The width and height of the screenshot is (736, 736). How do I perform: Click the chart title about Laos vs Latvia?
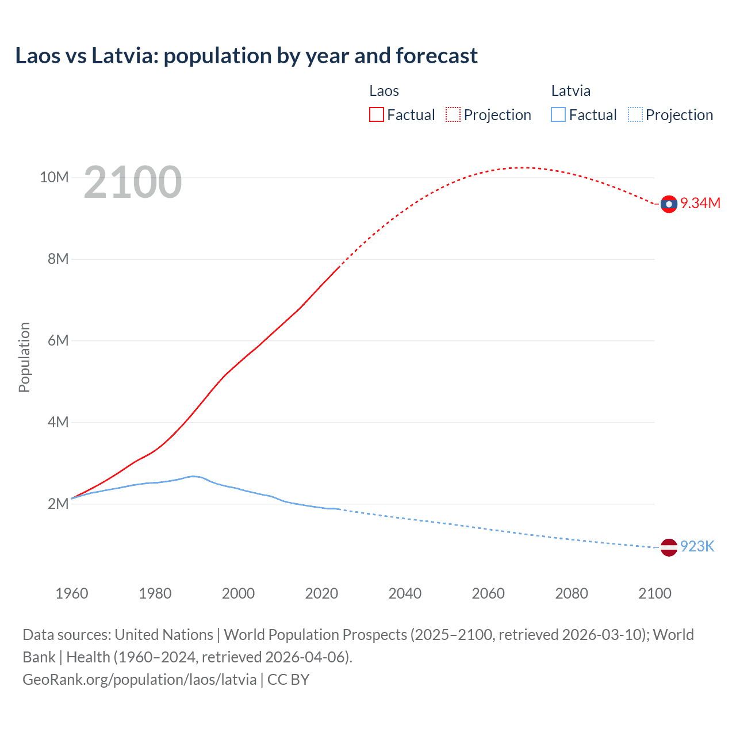pos(246,56)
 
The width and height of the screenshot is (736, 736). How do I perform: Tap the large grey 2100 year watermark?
pos(133,182)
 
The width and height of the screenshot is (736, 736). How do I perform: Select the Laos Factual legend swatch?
pos(376,115)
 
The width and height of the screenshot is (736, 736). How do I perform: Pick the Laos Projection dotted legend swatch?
pos(453,115)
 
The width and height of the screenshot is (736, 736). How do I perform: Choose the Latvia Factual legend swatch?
pos(558,115)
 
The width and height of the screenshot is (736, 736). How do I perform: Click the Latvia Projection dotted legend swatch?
pos(635,115)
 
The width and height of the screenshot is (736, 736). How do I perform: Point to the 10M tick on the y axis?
pos(54,177)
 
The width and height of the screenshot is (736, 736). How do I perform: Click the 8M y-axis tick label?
pos(57,259)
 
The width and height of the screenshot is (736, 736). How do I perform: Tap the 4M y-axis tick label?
pos(57,422)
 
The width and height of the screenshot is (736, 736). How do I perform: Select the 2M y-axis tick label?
pos(57,504)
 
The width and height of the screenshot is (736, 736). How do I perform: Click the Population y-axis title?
pos(24,357)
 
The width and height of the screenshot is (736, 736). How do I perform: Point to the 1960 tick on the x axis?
pos(72,593)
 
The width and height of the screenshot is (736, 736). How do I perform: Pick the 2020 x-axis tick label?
pos(321,593)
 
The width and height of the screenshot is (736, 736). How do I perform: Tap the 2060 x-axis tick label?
pos(488,593)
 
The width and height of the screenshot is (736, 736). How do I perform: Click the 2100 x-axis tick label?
pos(654,593)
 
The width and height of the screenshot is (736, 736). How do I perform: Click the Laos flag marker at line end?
pos(669,204)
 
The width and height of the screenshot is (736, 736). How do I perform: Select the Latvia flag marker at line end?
pos(669,547)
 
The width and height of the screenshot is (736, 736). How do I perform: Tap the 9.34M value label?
pos(700,204)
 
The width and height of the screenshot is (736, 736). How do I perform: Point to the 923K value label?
pos(697,547)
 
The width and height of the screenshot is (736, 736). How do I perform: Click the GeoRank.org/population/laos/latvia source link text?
pos(140,680)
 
